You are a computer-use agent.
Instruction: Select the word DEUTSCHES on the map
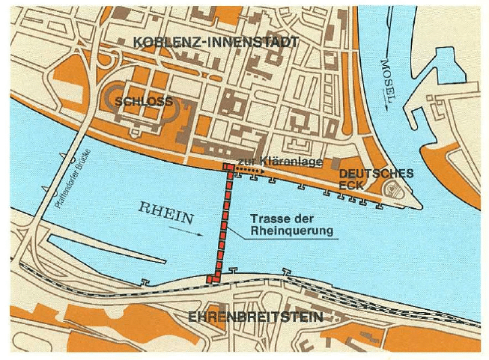tap(376, 173)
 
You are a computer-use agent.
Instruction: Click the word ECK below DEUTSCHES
tap(351, 185)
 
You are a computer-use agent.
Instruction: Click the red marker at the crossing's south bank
tap(212, 279)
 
